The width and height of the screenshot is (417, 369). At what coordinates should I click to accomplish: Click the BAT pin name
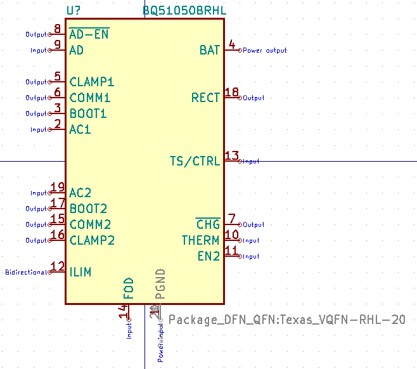209,50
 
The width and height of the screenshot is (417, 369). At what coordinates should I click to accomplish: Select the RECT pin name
205,98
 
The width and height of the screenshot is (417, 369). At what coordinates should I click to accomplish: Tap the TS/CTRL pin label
195,161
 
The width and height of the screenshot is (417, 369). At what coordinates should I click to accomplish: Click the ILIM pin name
80,272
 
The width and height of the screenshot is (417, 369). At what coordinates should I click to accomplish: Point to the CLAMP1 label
92,82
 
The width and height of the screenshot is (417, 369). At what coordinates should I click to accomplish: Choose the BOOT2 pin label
88,209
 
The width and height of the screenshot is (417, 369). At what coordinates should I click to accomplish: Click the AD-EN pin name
89,34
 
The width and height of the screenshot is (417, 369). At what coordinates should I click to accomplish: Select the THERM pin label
200,240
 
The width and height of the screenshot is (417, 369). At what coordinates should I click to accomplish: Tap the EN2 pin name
209,256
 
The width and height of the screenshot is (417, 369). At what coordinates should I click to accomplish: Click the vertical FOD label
129,288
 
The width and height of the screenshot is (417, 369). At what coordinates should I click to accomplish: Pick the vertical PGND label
160,283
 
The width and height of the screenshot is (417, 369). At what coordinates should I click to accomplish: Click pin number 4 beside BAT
232,44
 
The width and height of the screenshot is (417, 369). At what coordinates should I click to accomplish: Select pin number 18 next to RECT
232,93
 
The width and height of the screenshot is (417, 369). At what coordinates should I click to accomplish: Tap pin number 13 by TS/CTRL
232,156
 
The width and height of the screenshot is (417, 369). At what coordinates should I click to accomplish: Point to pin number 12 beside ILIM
58,267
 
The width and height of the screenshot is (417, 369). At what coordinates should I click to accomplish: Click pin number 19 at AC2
58,188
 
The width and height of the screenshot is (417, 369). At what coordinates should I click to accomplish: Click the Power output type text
265,50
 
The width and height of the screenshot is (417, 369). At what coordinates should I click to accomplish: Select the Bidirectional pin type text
26,272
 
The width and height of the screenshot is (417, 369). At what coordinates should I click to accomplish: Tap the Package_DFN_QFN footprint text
287,320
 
